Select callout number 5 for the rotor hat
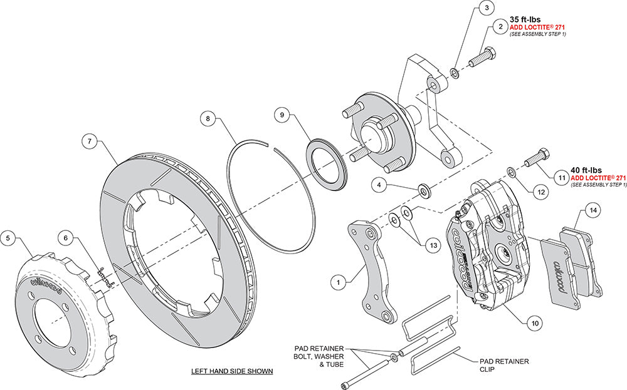8,237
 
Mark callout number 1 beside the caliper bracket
339,283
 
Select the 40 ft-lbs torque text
586,169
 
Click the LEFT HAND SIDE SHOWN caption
232,371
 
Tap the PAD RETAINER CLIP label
504,365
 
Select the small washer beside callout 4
423,189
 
